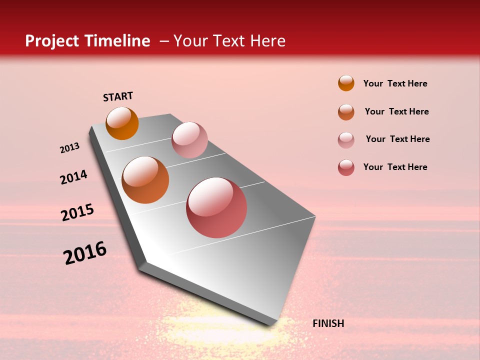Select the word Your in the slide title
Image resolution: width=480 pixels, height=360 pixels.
[189, 41]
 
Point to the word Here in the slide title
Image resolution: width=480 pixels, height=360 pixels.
[268, 41]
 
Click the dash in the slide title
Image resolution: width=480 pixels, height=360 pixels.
[164, 41]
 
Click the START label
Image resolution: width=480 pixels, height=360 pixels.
[118, 96]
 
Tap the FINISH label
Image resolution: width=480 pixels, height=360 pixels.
[328, 323]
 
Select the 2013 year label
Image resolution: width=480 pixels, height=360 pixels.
[69, 148]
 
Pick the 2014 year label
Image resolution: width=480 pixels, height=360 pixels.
[73, 177]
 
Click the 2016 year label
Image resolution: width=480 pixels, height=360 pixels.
[85, 252]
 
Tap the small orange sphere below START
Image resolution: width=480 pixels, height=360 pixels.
[122, 123]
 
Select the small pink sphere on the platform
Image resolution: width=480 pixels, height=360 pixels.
[189, 140]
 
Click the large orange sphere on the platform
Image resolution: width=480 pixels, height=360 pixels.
[145, 180]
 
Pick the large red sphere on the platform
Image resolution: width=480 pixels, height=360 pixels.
[216, 207]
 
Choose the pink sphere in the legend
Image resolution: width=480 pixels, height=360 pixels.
[346, 140]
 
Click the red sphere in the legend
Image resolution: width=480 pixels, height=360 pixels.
[346, 167]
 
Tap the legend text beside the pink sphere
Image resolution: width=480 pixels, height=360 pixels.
[397, 139]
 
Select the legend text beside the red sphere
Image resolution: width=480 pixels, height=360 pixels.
[395, 167]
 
